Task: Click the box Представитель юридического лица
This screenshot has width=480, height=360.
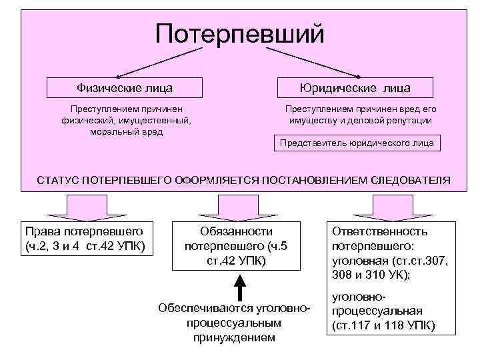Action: coord(357,143)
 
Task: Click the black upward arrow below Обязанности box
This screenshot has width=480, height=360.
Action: coord(241,287)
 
